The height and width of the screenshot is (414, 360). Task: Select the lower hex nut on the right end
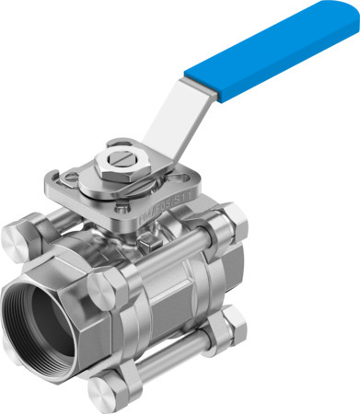click(233, 326)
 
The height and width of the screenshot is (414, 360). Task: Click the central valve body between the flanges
click(170, 294)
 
